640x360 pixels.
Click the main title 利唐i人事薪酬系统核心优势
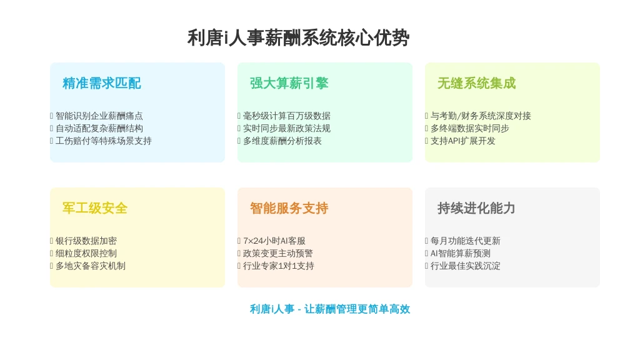tap(298, 38)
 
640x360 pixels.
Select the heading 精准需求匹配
tap(102, 83)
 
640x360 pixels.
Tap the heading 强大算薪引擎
tap(289, 83)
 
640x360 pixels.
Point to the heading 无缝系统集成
tap(476, 83)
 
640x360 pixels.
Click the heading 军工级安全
tap(95, 208)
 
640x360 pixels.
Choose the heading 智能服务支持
tap(289, 208)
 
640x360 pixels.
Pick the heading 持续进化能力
tap(476, 208)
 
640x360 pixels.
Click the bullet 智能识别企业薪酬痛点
tap(99, 116)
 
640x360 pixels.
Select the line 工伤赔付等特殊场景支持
tap(104, 141)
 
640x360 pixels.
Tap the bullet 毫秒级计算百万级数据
tap(287, 116)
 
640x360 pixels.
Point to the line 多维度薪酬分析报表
tap(282, 141)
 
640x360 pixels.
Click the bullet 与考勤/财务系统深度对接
tap(481, 116)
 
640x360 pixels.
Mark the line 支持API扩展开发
tap(463, 141)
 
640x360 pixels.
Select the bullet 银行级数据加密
tap(86, 241)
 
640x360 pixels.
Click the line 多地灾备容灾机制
tap(91, 266)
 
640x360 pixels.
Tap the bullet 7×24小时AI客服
tap(274, 241)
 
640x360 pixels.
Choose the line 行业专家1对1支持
tap(279, 266)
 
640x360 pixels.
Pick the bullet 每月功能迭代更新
tap(465, 241)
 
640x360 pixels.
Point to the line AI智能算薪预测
tap(461, 254)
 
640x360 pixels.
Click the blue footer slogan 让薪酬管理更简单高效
tap(357, 309)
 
